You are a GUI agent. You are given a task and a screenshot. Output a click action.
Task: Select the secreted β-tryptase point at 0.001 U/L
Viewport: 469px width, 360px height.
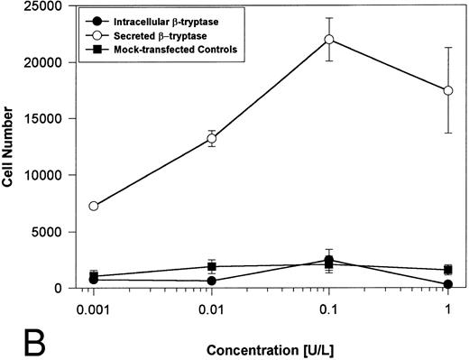tap(93, 206)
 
